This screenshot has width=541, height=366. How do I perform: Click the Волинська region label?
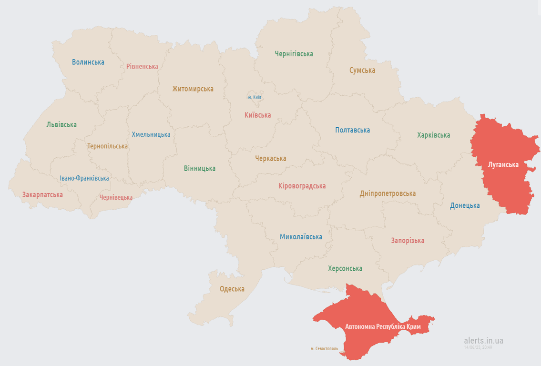88,62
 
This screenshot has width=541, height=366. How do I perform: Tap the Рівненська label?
142,66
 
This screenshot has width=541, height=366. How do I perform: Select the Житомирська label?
193,89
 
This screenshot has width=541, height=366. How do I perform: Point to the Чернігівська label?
294,54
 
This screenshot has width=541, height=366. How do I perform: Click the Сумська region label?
362,71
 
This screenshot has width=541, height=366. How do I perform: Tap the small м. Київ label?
255,97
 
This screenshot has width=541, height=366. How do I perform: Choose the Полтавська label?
352,130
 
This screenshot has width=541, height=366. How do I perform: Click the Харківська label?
433,135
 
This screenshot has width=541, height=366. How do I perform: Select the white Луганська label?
503,165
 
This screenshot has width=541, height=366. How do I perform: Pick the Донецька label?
465,206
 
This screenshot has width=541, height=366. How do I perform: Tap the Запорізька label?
408,241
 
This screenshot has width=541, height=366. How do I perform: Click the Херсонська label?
345,269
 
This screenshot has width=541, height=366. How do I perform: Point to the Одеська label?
232,289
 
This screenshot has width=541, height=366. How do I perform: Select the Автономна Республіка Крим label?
383,327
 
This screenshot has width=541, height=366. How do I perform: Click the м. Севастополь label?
324,349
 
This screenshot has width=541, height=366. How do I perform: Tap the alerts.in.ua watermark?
483,340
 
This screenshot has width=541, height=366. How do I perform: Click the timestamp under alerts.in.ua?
478,347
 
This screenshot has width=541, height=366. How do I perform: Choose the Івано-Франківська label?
84,178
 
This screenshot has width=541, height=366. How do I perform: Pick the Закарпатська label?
42,195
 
